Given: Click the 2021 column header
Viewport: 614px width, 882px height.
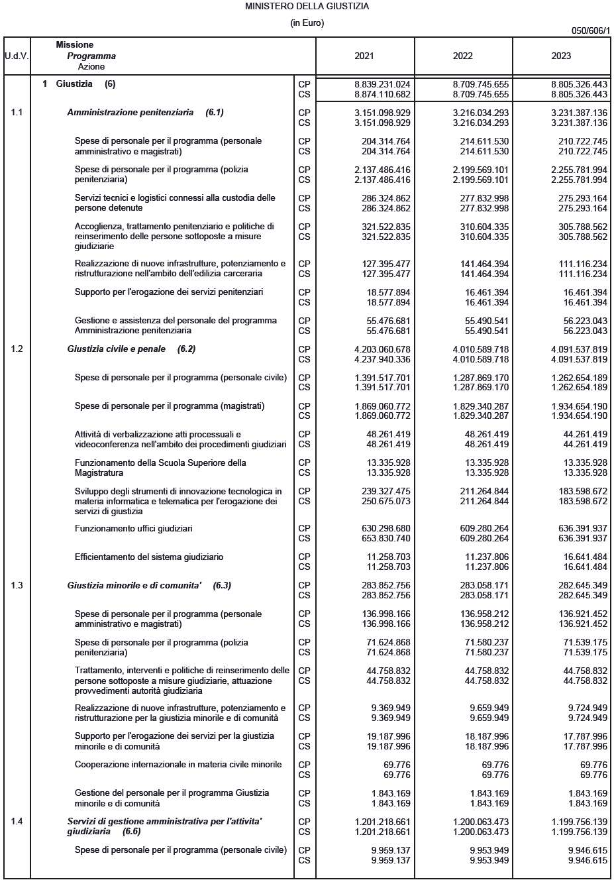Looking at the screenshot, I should tap(364, 56).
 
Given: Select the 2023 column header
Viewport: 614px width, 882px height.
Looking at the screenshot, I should tap(561, 56).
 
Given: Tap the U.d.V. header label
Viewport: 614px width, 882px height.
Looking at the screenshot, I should tap(17, 56).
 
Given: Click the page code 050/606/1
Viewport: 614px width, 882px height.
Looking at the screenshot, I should tap(590, 30).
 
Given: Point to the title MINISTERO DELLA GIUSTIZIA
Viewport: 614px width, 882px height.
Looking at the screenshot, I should tap(307, 7).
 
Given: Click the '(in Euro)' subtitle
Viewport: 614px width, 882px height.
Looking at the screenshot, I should tap(307, 23).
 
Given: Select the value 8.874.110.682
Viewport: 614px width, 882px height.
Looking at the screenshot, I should tap(382, 95).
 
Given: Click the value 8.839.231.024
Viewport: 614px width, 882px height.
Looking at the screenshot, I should tap(382, 85).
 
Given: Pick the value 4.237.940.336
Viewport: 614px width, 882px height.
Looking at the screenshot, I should tap(382, 360).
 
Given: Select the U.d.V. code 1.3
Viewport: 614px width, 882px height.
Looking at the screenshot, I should tap(17, 586).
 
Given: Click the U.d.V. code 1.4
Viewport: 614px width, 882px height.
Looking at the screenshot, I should tap(17, 822).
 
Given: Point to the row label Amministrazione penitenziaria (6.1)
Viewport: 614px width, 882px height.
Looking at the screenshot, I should tap(145, 113).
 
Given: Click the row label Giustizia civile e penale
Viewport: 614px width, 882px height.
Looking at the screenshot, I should tap(117, 349).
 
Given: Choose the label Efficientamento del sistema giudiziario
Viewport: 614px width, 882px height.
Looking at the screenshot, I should tap(149, 557).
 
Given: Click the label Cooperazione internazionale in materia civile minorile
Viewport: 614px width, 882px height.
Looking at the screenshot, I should tap(178, 765).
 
